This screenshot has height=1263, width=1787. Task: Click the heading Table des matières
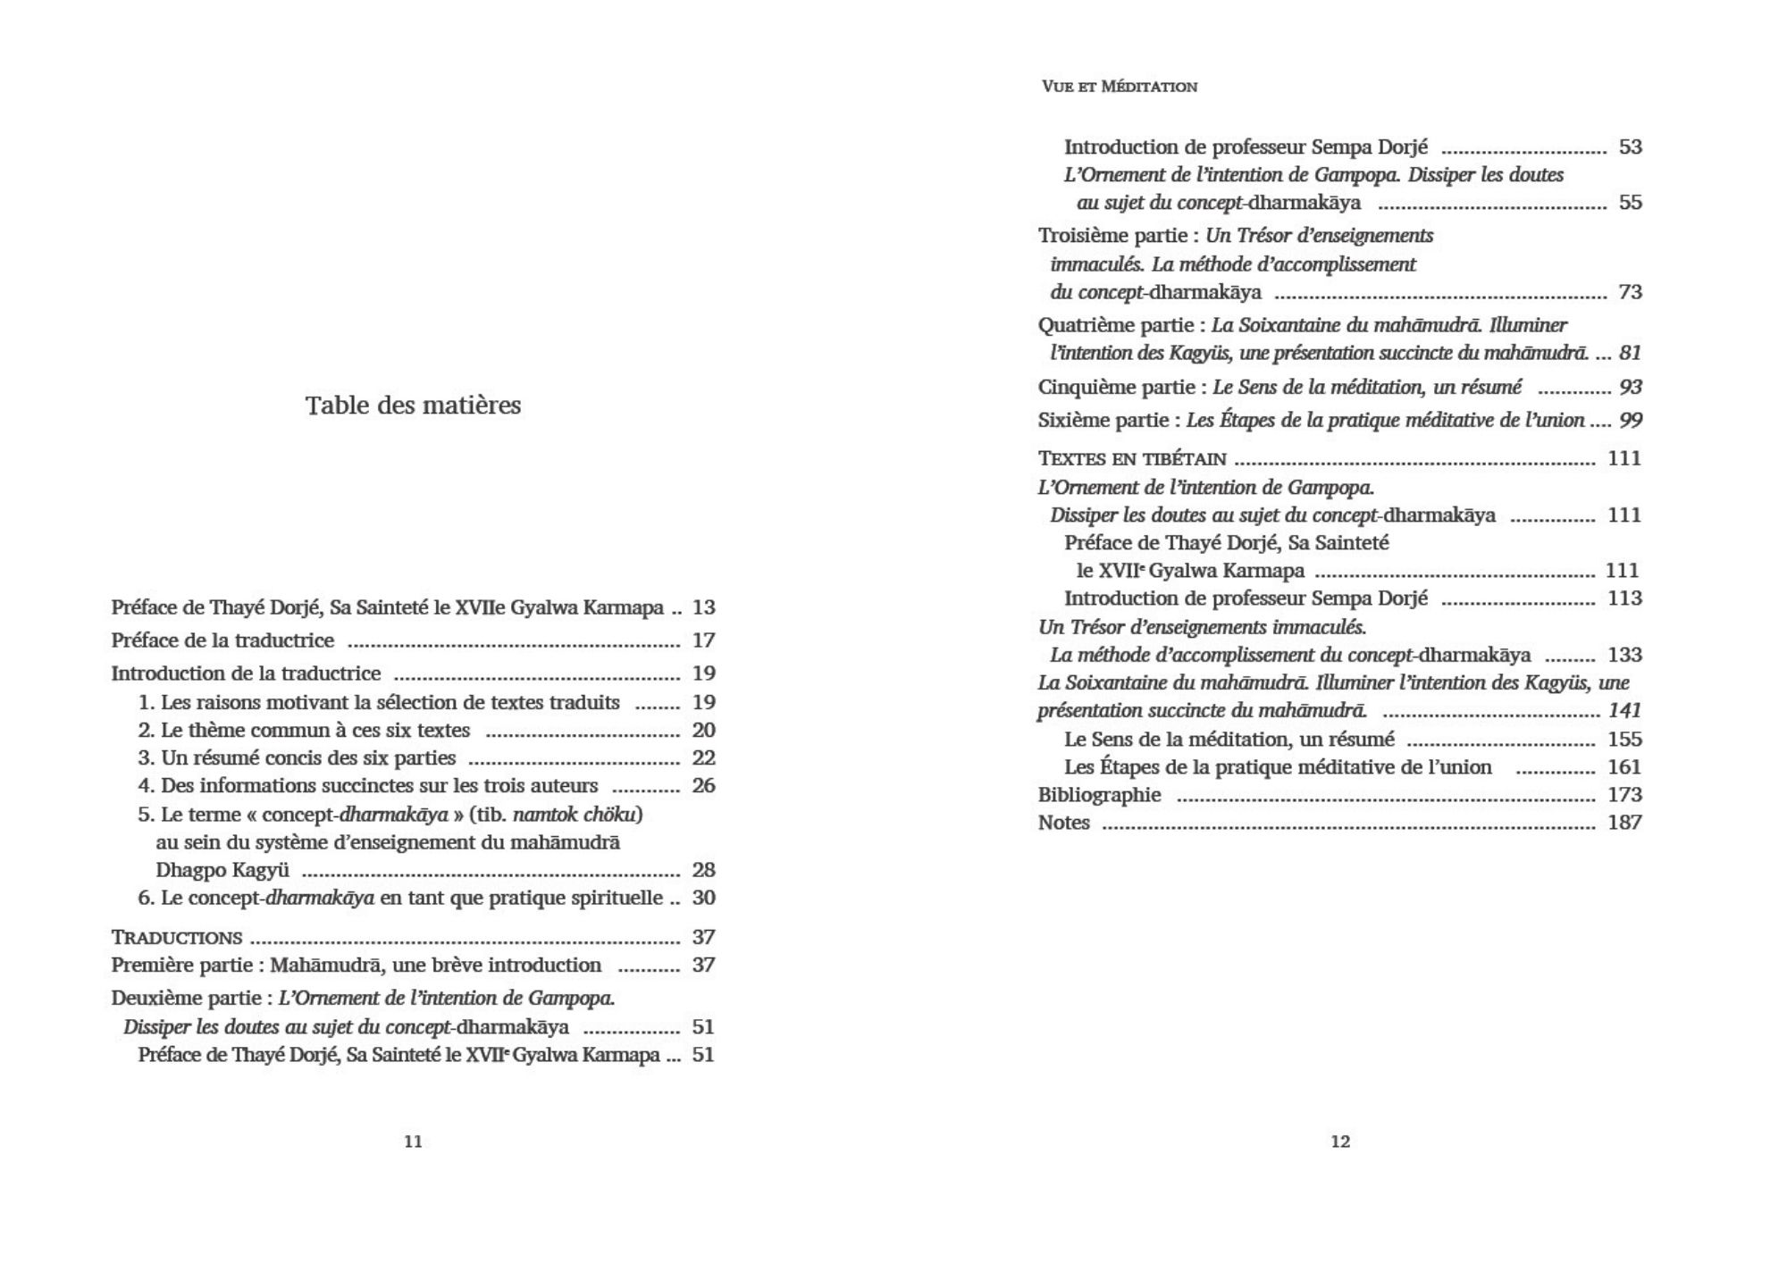tap(413, 406)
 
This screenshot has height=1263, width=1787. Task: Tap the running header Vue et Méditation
tap(1119, 87)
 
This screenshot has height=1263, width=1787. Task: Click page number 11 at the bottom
tap(413, 1142)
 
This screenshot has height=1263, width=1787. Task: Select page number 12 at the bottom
tap(1340, 1142)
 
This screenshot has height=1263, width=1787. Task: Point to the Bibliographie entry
tap(1099, 795)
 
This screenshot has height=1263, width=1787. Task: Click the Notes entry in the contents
tap(1063, 823)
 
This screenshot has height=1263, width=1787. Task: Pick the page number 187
tap(1624, 823)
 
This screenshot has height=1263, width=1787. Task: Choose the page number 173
tap(1624, 795)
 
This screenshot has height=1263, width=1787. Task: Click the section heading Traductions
tap(176, 937)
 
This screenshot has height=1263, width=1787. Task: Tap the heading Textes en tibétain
tap(1131, 458)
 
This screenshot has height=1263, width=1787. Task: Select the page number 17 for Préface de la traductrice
tap(703, 640)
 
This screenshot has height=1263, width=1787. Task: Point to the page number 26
tap(703, 786)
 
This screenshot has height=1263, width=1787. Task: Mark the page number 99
tap(1631, 420)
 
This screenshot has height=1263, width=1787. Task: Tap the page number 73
tap(1630, 292)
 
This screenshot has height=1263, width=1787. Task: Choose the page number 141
tap(1624, 711)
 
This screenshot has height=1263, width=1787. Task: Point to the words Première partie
tap(185, 966)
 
